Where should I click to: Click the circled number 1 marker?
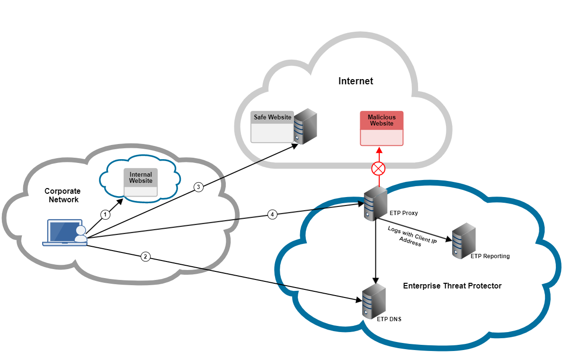click(x=106, y=215)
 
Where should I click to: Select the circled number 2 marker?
click(x=145, y=257)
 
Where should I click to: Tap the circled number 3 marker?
click(x=199, y=187)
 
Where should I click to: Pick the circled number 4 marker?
click(x=272, y=215)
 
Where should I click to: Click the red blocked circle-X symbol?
click(x=379, y=168)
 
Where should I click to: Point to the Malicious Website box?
click(x=382, y=128)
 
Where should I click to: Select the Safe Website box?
click(x=272, y=127)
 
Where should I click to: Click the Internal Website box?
click(x=141, y=182)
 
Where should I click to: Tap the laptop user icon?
click(x=65, y=233)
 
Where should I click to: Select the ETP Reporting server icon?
click(x=463, y=241)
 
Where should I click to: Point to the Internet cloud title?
click(x=356, y=81)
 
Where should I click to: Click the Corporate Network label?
click(x=62, y=195)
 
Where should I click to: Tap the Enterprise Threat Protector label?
click(x=452, y=286)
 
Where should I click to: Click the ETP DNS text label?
click(x=389, y=319)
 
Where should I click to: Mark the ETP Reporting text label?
click(x=490, y=256)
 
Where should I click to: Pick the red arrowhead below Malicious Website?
click(x=379, y=151)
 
